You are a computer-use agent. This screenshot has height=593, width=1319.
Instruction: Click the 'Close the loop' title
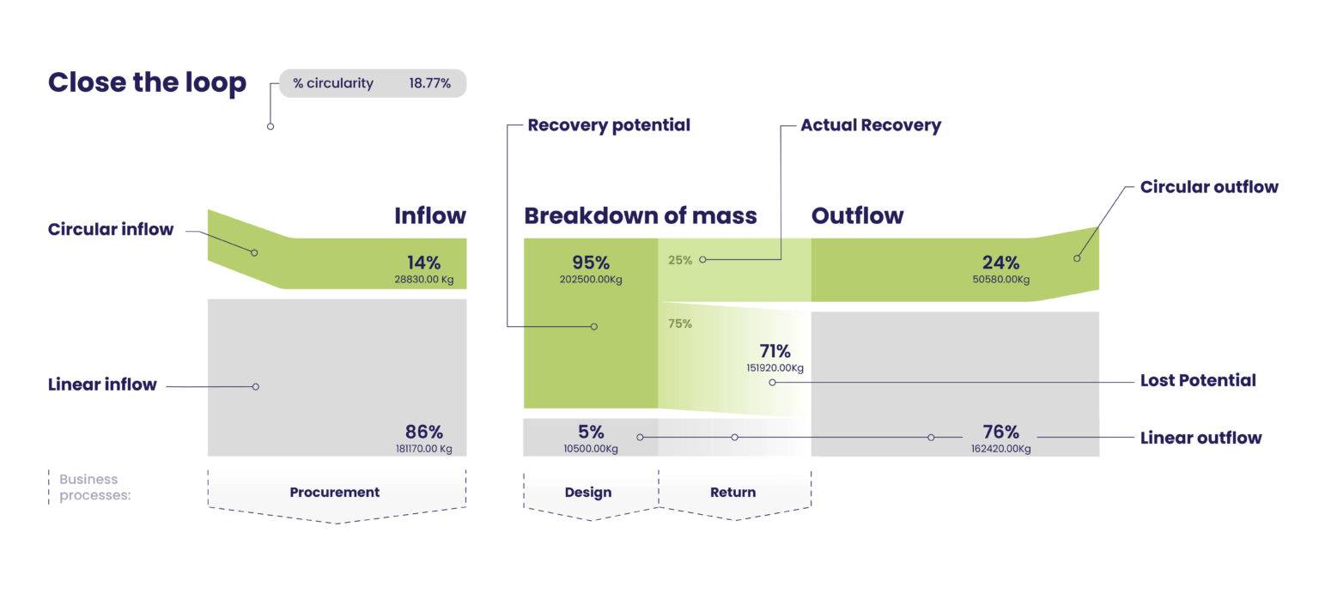pos(147,82)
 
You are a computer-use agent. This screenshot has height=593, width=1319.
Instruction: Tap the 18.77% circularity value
pos(429,83)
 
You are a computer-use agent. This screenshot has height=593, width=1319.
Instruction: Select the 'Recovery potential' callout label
pos(608,125)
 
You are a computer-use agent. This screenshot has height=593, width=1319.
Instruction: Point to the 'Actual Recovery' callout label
pos(870,125)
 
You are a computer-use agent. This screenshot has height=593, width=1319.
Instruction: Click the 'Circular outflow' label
pos(1208,187)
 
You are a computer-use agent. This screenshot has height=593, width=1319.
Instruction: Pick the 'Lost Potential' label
pos(1197,380)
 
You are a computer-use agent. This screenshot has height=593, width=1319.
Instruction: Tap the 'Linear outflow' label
pos(1200,438)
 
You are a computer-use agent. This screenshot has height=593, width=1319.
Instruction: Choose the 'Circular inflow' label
pos(111,229)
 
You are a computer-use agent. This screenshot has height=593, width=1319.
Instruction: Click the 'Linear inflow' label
pos(102,384)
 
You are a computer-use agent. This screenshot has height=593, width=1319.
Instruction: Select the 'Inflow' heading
pos(429,215)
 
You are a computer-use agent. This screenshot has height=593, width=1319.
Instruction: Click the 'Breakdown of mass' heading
pos(640,215)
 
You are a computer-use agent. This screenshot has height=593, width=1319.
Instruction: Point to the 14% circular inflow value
pos(424,263)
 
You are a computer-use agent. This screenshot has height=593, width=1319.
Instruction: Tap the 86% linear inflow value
pos(424,432)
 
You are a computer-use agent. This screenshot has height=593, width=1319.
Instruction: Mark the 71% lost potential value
pos(775,351)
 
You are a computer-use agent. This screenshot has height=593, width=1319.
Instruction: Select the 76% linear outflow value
pos(1000,432)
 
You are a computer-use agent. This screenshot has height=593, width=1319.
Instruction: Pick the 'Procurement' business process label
pos(334,493)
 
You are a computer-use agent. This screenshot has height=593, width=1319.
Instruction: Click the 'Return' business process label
pos(732,493)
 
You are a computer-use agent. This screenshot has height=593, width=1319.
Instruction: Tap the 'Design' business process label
pos(588,493)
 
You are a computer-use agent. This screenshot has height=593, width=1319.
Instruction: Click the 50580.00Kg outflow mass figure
pos(1000,279)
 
